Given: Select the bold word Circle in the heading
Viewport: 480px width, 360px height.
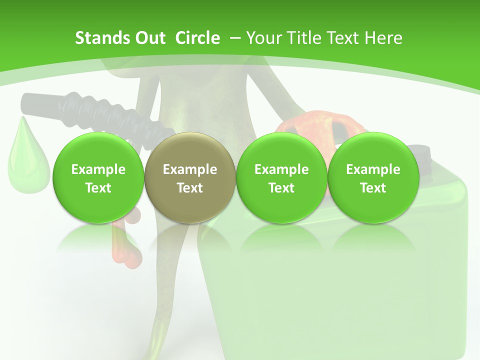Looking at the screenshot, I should coord(197,38).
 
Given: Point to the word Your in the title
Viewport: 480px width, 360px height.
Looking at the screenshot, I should coord(262,38).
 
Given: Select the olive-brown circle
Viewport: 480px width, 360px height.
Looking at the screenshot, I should coord(190,177).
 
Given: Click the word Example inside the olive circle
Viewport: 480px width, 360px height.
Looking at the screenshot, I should coord(190,169).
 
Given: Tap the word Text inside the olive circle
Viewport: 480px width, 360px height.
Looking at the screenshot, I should coord(190,188).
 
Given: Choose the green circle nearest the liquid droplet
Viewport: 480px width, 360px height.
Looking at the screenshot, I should coord(98,177).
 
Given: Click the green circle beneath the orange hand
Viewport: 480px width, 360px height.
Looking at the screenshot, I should coord(281,177).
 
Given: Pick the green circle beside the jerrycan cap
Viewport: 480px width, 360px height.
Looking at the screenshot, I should coord(373,177).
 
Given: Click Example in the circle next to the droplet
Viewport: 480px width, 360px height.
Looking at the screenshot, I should coord(98,169).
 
